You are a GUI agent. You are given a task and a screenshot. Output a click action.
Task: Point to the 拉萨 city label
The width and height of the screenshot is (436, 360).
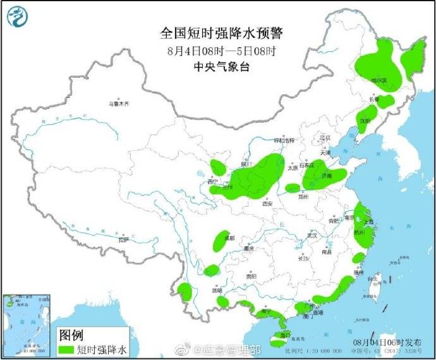[x=123, y=239]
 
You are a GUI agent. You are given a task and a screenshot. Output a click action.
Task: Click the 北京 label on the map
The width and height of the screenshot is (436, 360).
[x=325, y=138]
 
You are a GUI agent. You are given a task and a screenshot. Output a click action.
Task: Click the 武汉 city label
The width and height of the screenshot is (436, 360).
[x=312, y=235]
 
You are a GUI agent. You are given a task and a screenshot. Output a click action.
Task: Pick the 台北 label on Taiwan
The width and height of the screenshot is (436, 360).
[x=373, y=278]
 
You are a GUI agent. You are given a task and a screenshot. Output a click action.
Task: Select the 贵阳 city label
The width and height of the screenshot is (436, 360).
[x=251, y=276]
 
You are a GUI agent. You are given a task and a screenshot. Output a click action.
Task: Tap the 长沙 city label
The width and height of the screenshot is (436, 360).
[x=303, y=258]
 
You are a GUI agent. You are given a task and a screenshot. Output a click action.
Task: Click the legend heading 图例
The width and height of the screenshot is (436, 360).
[x=71, y=334]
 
